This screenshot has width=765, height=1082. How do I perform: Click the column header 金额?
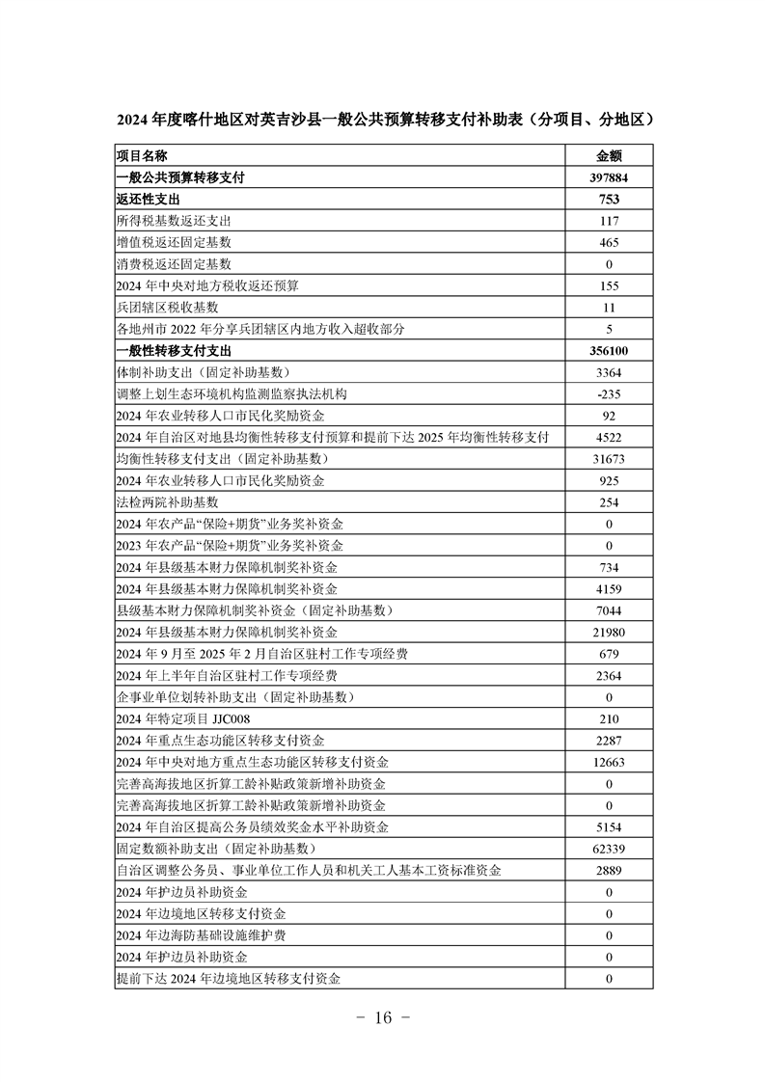[x=609, y=155]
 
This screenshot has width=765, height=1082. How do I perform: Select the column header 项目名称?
[x=142, y=155]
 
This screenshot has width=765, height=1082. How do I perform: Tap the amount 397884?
[x=609, y=177]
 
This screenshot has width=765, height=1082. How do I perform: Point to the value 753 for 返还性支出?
[x=609, y=200]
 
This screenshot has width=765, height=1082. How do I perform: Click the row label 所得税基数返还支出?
[x=173, y=221]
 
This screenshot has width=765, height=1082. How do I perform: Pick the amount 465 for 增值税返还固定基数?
[x=609, y=242]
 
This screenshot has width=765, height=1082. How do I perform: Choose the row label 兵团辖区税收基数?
[x=167, y=308]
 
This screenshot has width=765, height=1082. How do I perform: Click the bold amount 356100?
[x=609, y=351]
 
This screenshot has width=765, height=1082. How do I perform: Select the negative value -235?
[x=609, y=393]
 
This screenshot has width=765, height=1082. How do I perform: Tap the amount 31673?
[x=609, y=458]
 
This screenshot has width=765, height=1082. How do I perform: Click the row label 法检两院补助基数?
[x=167, y=501]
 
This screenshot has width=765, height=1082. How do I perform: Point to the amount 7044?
[x=609, y=610]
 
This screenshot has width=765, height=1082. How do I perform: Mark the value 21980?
[x=609, y=632]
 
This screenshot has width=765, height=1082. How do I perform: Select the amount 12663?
[x=609, y=762]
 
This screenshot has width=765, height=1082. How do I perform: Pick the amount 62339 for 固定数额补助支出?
[x=609, y=849]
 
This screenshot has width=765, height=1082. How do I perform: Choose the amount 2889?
[x=609, y=870]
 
